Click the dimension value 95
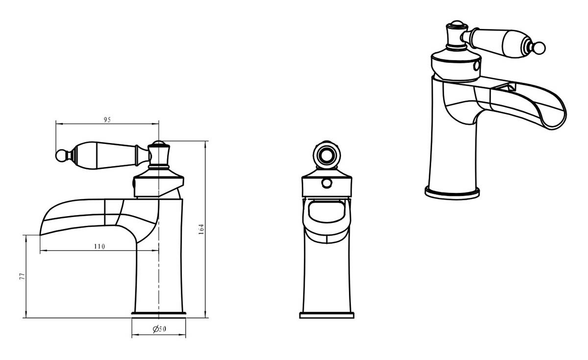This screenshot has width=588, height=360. (x=107, y=120)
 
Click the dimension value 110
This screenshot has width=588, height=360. (x=99, y=247)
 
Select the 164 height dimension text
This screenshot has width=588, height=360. (x=201, y=229)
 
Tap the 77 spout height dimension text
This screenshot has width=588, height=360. (x=23, y=276)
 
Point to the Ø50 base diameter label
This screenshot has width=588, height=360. (x=159, y=329)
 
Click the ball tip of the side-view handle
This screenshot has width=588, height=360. (x=61, y=156)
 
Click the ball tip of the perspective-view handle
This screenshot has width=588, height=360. (x=539, y=48)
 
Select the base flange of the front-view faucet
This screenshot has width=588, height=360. (x=326, y=315)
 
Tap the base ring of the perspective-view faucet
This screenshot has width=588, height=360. (x=452, y=193)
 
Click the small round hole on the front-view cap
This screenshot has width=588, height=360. (x=327, y=183)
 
